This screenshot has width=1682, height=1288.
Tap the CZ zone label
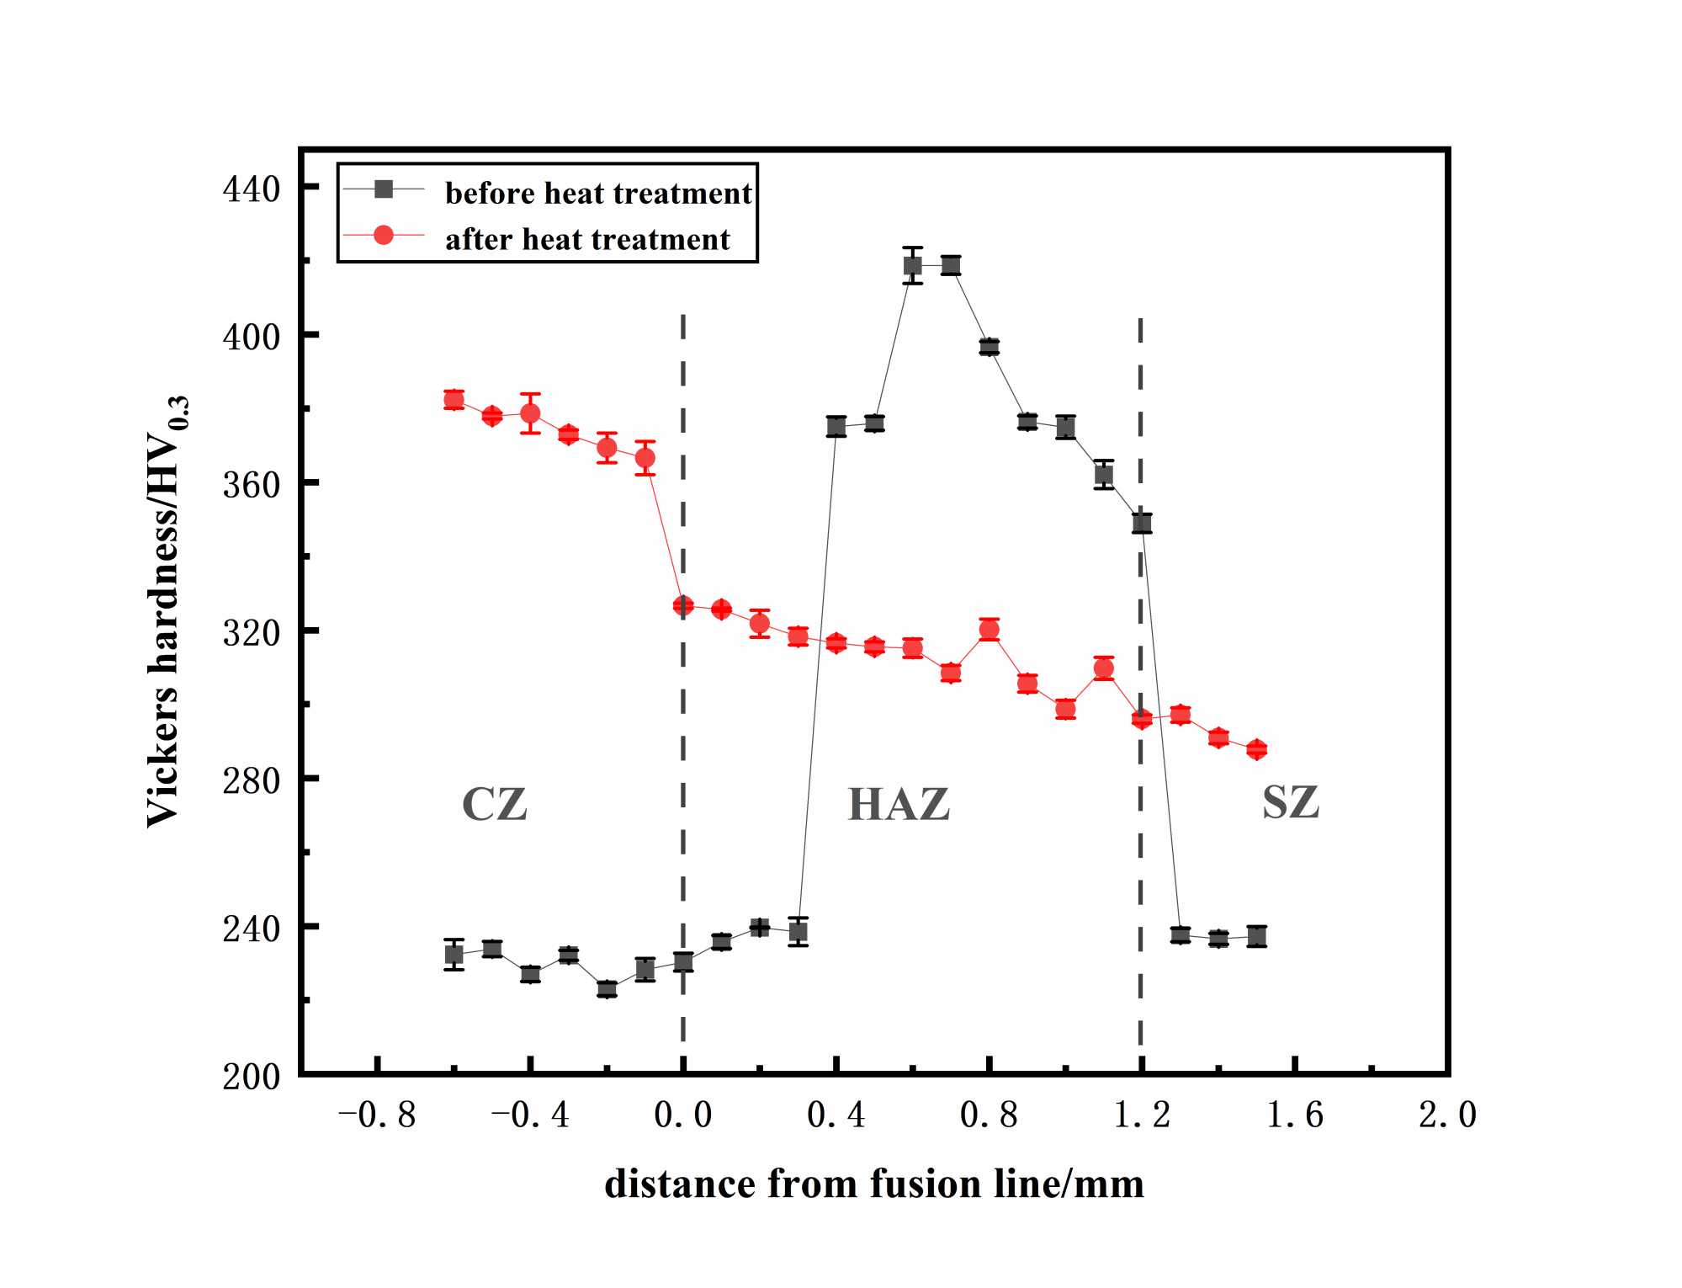495,803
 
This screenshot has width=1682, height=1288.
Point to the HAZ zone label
899,803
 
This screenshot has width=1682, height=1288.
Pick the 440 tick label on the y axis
251,189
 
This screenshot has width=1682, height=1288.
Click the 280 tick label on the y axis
251,780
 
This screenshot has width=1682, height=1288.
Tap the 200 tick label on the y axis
251,1076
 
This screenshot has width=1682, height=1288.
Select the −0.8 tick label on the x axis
377,1115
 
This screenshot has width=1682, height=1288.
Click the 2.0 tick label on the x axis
1447,1115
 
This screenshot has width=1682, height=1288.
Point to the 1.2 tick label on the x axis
1142,1115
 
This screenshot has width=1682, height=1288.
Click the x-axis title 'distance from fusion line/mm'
874,1184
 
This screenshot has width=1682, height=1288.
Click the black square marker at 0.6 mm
913,266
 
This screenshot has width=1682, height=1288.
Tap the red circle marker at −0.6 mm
454,400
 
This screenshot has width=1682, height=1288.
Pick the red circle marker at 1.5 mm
1256,749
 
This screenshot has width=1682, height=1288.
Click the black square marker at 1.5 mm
1257,936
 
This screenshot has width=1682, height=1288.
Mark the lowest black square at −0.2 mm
607,989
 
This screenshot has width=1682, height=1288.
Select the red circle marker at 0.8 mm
990,630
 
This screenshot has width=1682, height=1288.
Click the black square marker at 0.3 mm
798,931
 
